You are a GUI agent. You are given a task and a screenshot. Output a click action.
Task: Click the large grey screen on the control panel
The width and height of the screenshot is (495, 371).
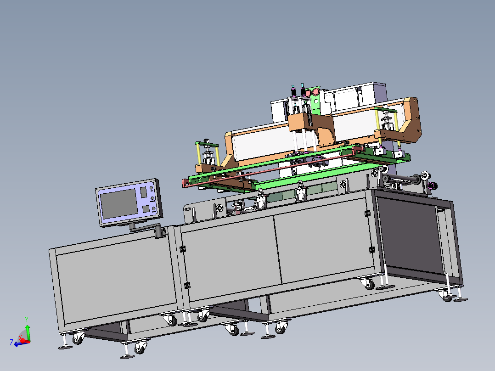[119, 204]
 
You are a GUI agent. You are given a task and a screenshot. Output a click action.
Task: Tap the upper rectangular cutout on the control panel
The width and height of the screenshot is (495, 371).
[143, 192]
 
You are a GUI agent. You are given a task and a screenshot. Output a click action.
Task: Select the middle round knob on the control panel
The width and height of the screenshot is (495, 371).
[152, 198]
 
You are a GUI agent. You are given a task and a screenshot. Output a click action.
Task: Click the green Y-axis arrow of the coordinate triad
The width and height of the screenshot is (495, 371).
[28, 332]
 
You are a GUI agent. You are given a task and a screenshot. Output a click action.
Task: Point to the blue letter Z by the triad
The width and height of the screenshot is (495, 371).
[11, 342]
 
